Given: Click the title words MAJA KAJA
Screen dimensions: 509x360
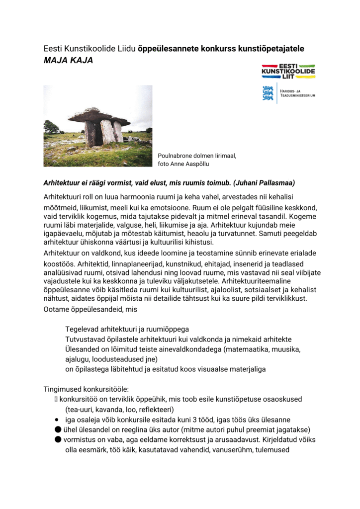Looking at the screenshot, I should point(68,60).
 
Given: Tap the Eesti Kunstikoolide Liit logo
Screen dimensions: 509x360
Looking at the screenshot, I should point(288,70).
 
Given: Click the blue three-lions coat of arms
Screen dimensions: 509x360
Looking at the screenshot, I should point(268,93).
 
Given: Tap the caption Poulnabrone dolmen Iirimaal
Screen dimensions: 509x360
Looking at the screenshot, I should point(197,156).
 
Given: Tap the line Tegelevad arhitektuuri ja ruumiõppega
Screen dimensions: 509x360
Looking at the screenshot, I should point(127,330).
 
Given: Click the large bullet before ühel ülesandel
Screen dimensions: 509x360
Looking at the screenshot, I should point(58,429).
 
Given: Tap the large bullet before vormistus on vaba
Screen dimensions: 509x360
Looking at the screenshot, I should point(58,440).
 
